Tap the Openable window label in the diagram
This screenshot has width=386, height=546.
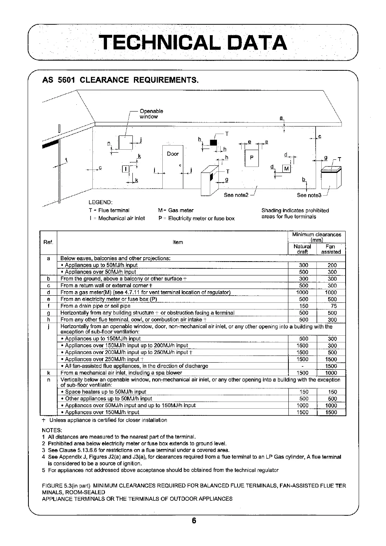151,114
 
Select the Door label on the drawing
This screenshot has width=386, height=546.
173,154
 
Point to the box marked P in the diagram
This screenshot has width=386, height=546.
252,158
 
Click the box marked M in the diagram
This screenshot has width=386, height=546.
287,168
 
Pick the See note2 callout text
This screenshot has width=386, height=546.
236,195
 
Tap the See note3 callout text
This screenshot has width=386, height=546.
309,195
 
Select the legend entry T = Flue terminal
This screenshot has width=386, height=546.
109,210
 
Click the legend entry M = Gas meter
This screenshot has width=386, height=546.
176,210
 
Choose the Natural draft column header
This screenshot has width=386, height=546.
302,249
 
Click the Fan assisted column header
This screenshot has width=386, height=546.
331,249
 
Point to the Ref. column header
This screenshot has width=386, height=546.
49,242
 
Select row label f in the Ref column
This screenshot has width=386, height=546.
49,306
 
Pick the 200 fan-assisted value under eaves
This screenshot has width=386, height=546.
332,265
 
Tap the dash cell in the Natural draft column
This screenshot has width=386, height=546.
302,366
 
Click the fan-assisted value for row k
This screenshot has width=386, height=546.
331,373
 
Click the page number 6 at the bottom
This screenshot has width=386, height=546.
194,521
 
